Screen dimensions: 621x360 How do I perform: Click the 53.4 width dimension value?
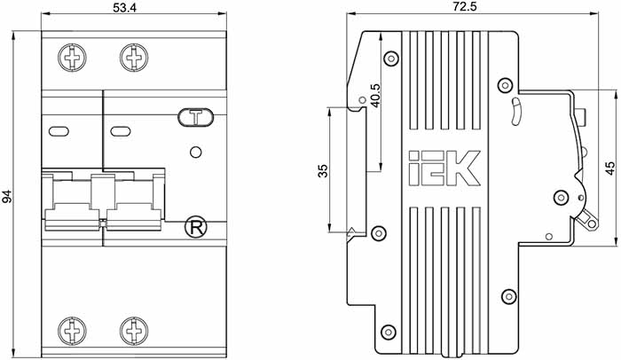pyautogui.click(x=124, y=7)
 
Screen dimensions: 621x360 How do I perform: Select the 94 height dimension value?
pyautogui.click(x=7, y=197)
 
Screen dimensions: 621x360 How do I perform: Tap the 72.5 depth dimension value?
pyautogui.click(x=466, y=7)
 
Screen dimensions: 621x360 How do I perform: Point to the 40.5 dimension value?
pyautogui.click(x=374, y=96)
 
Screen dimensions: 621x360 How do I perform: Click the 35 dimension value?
pyautogui.click(x=324, y=171)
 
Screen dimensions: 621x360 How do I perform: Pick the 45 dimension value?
pyautogui.click(x=610, y=168)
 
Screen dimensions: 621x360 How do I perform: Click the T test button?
pyautogui.click(x=196, y=118)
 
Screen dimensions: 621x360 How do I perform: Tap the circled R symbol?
pyautogui.click(x=196, y=228)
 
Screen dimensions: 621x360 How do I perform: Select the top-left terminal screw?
pyautogui.click(x=72, y=58)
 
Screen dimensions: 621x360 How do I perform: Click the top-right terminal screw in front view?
pyautogui.click(x=134, y=58)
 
